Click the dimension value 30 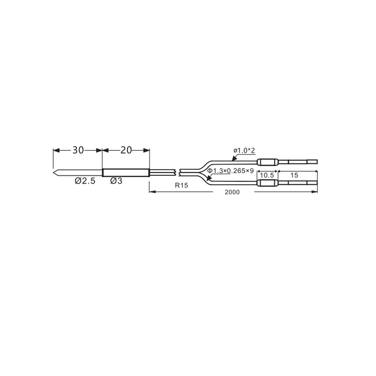pyautogui.click(x=78, y=150)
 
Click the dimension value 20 pyautogui.click(x=126, y=150)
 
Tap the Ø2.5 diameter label pyautogui.click(x=85, y=181)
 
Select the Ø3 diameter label pyautogui.click(x=116, y=181)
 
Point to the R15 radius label pyautogui.click(x=181, y=185)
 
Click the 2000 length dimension pyautogui.click(x=232, y=192)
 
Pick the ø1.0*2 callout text pyautogui.click(x=244, y=150)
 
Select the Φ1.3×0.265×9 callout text pyautogui.click(x=230, y=171)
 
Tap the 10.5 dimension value pyautogui.click(x=267, y=175)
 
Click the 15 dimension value pyautogui.click(x=294, y=175)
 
